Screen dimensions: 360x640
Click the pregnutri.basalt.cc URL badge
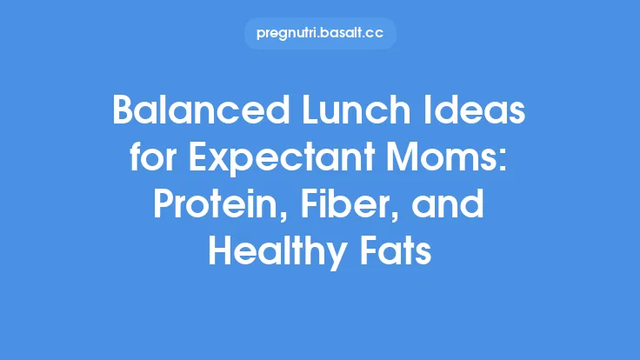(x=320, y=34)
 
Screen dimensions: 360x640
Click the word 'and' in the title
(x=470, y=210)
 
